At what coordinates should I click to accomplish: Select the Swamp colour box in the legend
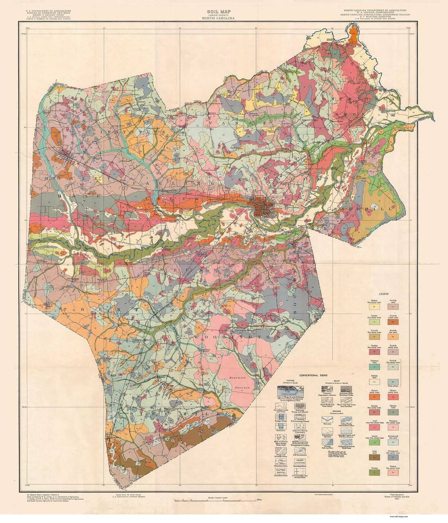[x=374, y=472]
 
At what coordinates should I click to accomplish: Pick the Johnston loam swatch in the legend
[x=374, y=367]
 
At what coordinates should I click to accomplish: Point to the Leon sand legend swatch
[x=374, y=457]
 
